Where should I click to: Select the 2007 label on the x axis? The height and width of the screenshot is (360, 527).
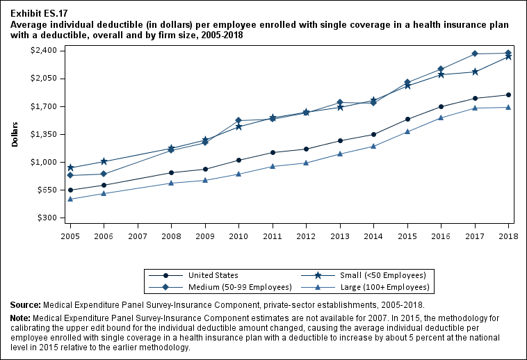pos(138,236)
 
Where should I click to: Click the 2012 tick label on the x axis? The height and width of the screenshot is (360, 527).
pos(306,236)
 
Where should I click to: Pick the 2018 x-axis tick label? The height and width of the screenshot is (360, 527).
pos(508,236)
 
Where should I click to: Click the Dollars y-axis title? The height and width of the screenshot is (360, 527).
pos(15,134)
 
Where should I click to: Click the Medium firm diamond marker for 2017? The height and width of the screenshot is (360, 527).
pos(475,54)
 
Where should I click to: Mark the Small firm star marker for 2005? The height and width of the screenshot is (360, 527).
pos(70,167)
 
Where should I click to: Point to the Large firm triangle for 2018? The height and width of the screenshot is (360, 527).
pos(508,107)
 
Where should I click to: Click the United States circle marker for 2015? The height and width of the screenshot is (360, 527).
pos(407,119)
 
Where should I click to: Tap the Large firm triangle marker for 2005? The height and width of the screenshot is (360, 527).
pos(70,199)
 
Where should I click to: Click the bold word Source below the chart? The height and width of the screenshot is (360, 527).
pos(25,305)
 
